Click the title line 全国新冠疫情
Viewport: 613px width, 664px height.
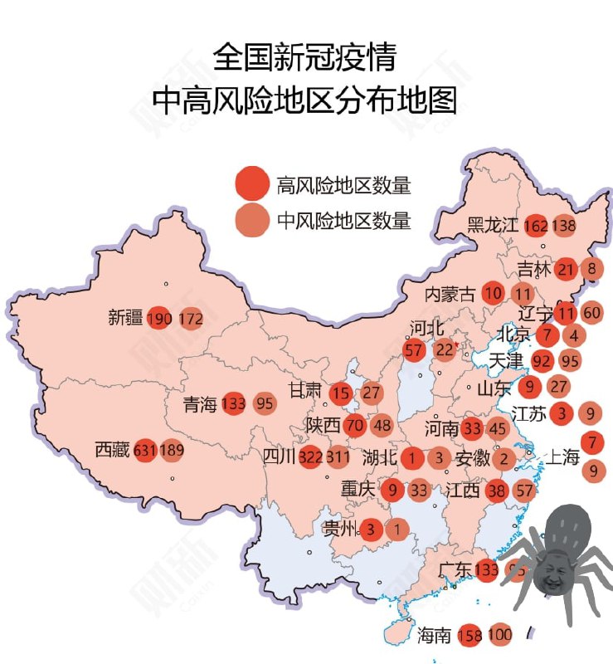304,57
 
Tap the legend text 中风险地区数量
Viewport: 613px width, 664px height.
343,221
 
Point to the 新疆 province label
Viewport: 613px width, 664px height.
125,317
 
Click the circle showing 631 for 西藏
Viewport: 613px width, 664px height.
145,451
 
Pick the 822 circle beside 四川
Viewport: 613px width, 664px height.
310,456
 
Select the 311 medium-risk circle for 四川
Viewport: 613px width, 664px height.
338,456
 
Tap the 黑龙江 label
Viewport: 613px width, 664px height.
492,225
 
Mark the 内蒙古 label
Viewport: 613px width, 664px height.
450,293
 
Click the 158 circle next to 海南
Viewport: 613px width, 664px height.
470,636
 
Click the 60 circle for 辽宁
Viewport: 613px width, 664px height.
591,313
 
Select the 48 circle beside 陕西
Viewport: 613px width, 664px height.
382,425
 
